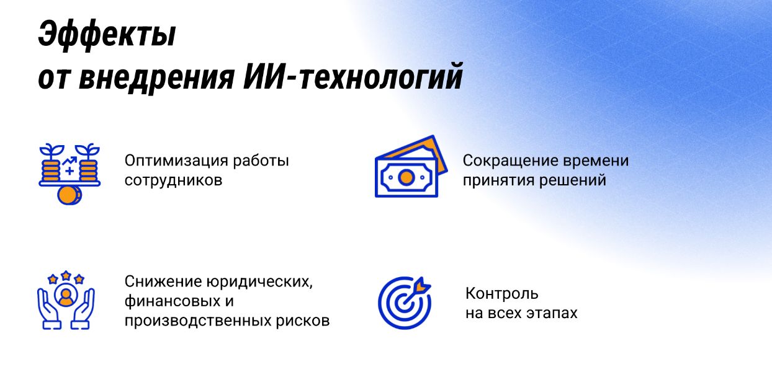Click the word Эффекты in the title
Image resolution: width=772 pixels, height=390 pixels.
click(107, 35)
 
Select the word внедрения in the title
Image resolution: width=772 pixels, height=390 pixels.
click(157, 78)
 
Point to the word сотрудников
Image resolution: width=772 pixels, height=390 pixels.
click(173, 180)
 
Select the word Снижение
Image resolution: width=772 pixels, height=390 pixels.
click(163, 281)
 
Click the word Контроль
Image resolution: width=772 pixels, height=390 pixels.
click(502, 294)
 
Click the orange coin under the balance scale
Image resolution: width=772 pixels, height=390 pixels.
click(69, 195)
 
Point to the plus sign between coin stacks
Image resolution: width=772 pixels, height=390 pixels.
click(70, 171)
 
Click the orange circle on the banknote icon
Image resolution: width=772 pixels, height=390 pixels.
click(406, 177)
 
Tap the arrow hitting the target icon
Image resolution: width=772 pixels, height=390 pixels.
click(416, 293)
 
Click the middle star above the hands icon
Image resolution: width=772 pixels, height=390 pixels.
click(66, 275)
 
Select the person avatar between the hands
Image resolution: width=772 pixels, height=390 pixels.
click(66, 296)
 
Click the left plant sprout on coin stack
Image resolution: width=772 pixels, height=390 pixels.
click(52, 151)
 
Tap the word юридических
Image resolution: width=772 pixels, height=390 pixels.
click(260, 282)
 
